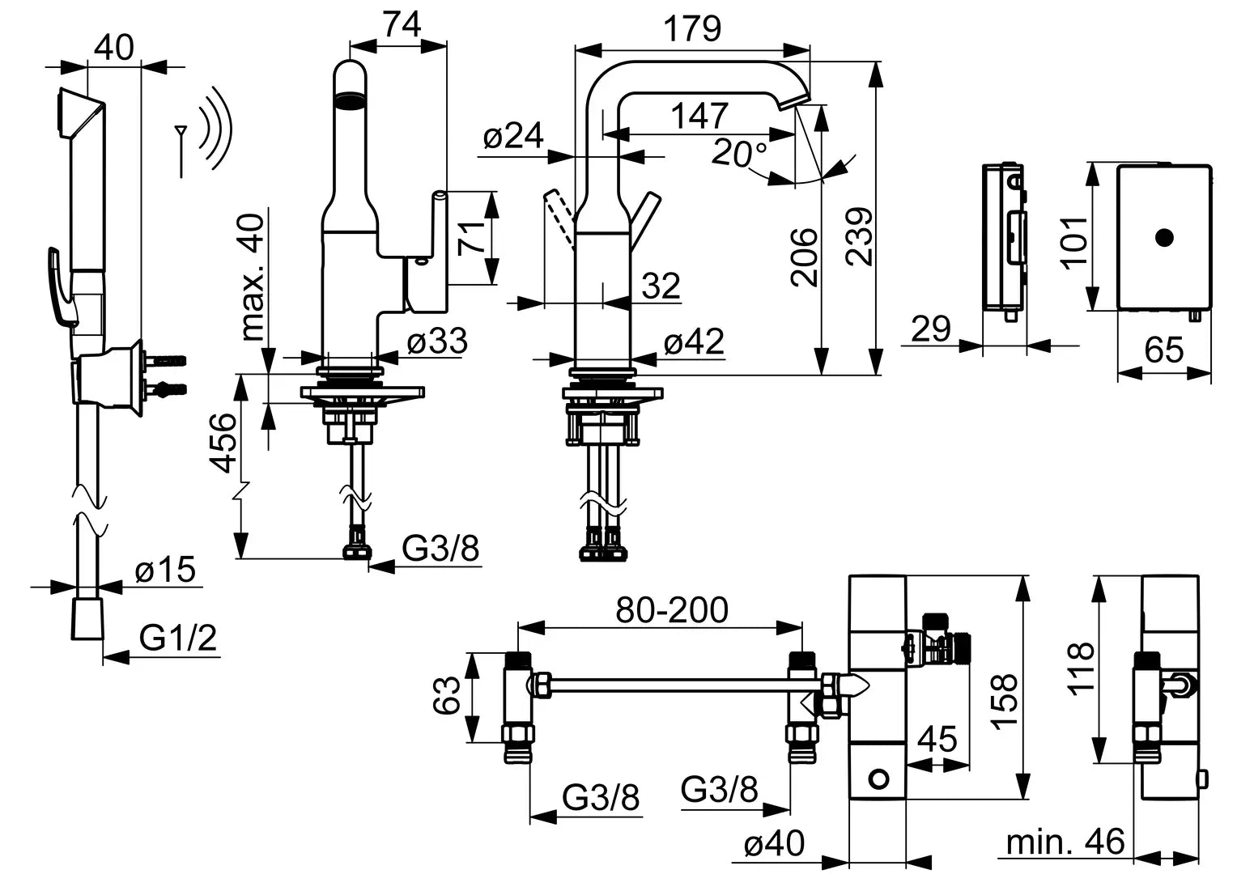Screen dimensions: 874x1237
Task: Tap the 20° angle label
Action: click(x=739, y=153)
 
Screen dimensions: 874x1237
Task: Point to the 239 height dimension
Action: click(x=858, y=236)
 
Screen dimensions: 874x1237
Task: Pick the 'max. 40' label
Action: click(x=253, y=277)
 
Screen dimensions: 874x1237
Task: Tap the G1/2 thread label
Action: click(x=178, y=639)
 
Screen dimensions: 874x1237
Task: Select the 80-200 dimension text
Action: click(x=671, y=610)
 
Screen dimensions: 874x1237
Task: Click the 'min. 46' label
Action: click(x=1065, y=842)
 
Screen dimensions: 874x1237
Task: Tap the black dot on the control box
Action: click(x=1164, y=237)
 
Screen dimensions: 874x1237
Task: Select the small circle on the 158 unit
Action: click(x=878, y=779)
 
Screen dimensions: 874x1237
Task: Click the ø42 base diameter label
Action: click(x=694, y=343)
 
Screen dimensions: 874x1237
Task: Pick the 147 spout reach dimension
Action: click(x=699, y=117)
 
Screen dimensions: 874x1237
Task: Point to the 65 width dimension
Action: click(x=1164, y=351)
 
